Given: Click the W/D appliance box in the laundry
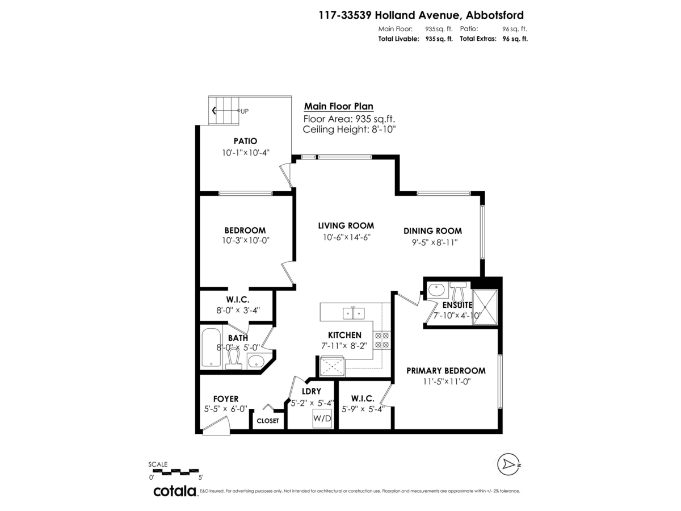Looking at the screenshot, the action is pyautogui.click(x=322, y=418).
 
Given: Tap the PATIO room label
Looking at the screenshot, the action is pyautogui.click(x=245, y=141).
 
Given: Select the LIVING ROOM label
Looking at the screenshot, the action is pyautogui.click(x=346, y=225).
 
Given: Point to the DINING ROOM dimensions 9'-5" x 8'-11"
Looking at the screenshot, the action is pyautogui.click(x=435, y=242).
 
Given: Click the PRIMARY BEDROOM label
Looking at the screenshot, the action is pyautogui.click(x=446, y=371).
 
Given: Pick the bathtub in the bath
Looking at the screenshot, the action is pyautogui.click(x=211, y=347).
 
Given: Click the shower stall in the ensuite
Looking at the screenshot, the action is pyautogui.click(x=485, y=307).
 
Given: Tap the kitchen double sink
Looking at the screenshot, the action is pyautogui.click(x=354, y=313).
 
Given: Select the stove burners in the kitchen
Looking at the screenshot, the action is pyautogui.click(x=382, y=340).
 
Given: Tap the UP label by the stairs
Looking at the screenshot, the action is pyautogui.click(x=245, y=111).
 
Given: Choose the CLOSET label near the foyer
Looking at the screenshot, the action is pyautogui.click(x=268, y=421).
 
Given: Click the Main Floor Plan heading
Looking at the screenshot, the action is pyautogui.click(x=338, y=106).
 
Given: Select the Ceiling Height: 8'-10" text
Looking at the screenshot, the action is pyautogui.click(x=350, y=129).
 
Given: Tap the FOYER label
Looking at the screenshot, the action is pyautogui.click(x=226, y=399).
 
